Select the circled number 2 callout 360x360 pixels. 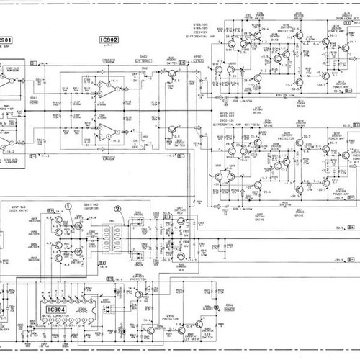(x=119, y=210)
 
